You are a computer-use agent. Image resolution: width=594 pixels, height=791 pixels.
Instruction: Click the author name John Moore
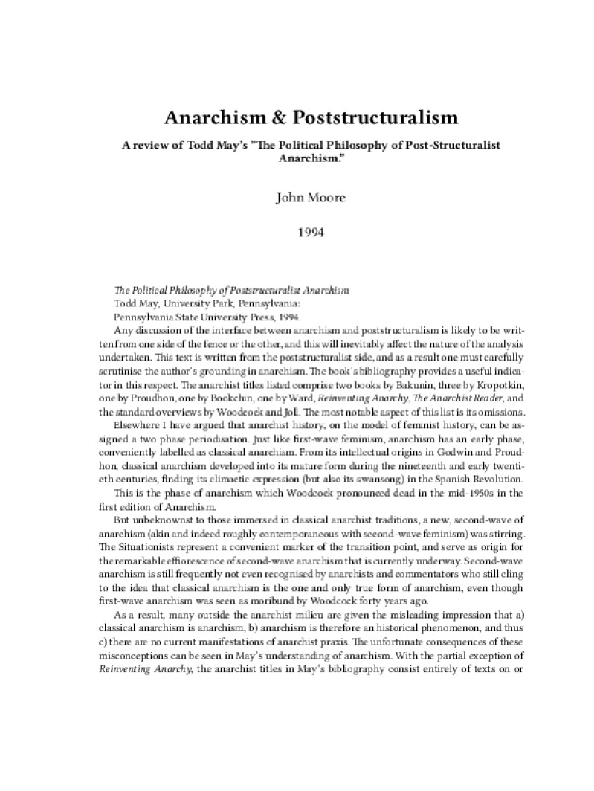click(x=297, y=198)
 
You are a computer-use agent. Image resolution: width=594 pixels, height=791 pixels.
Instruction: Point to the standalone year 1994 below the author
click(x=297, y=233)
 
